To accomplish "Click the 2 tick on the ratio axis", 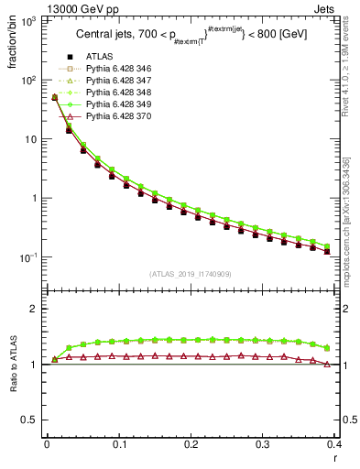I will point(37,309).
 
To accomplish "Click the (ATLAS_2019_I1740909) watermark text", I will point(191,274).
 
